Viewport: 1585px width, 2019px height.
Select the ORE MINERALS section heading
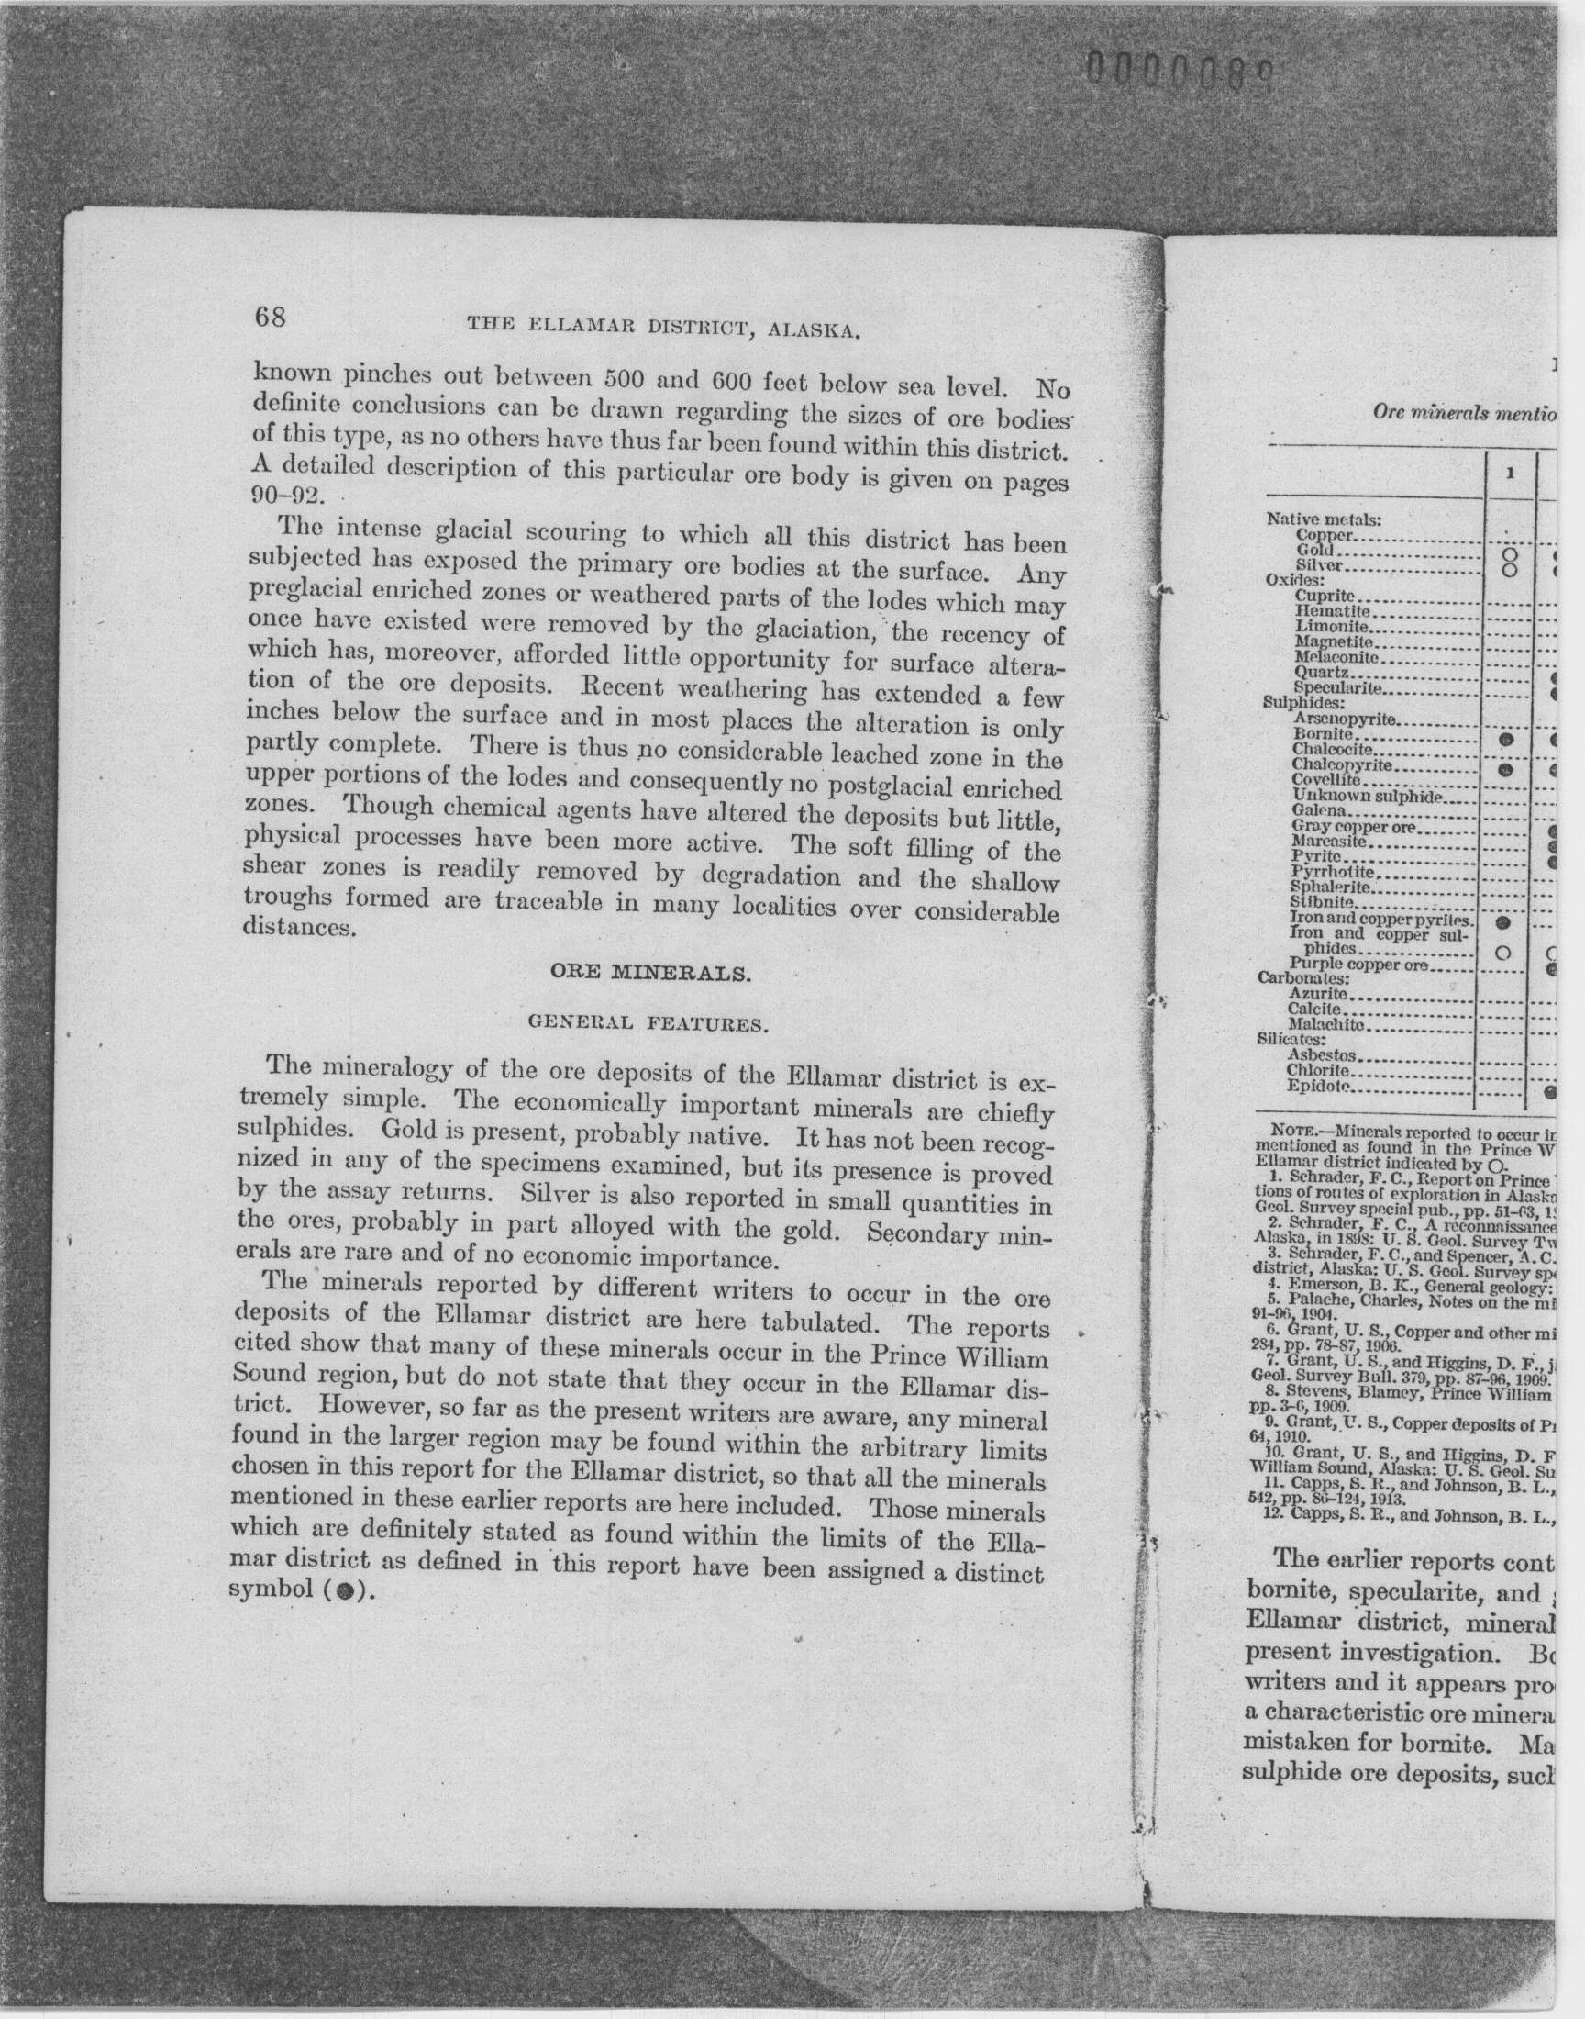[649, 974]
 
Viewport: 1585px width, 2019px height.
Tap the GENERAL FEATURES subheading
[648, 1024]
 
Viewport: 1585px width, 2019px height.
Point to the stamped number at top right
[1177, 69]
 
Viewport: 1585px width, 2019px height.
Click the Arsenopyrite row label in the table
[1345, 719]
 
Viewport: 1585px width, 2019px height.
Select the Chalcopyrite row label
[1342, 764]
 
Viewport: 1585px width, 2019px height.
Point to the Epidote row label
[1319, 1086]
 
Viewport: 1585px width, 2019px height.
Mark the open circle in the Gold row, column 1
[1508, 553]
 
